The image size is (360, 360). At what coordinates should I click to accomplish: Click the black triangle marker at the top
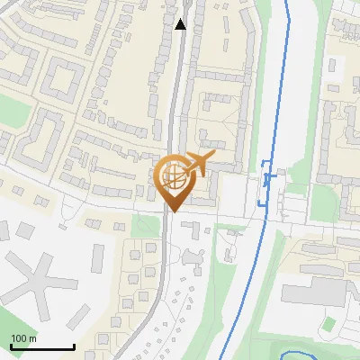tap(181, 24)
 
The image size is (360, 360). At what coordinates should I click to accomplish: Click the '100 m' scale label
tap(24, 337)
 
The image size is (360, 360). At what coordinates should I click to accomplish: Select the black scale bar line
tap(42, 346)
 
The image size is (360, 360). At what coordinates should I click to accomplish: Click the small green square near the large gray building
tap(330, 323)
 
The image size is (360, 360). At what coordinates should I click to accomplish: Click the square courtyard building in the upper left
tap(61, 79)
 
